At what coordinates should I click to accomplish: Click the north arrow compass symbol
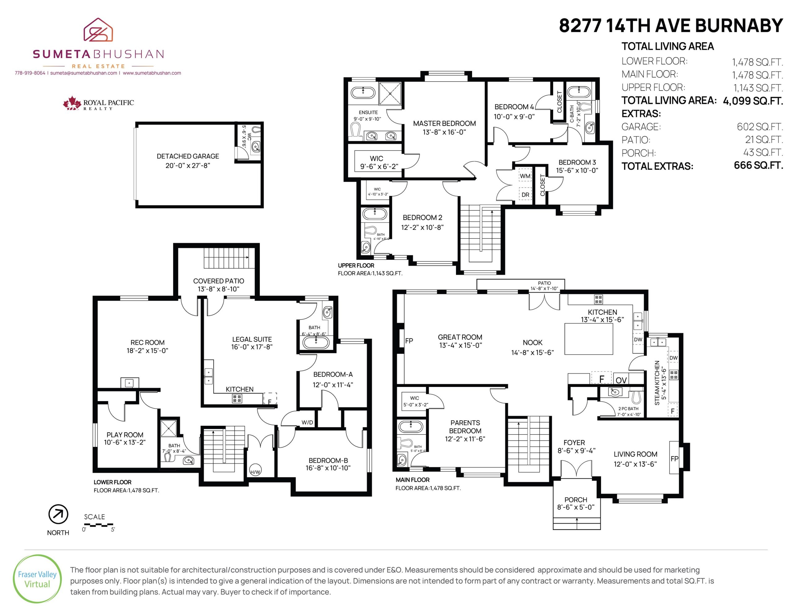point(58,515)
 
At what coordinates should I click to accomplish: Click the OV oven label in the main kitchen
point(621,380)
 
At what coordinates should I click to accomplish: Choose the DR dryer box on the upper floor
point(525,195)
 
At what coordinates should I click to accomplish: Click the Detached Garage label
point(188,156)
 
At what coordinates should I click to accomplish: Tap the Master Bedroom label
point(444,123)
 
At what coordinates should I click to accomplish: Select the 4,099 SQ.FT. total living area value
point(753,101)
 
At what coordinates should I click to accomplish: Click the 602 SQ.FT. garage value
point(760,127)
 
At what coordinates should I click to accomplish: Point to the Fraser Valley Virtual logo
point(37,578)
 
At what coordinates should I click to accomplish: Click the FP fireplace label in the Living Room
point(674,459)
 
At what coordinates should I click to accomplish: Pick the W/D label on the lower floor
point(307,422)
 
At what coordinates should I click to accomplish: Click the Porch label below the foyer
point(576,500)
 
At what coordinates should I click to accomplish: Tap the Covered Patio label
point(218,281)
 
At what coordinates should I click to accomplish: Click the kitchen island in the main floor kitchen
point(589,339)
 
